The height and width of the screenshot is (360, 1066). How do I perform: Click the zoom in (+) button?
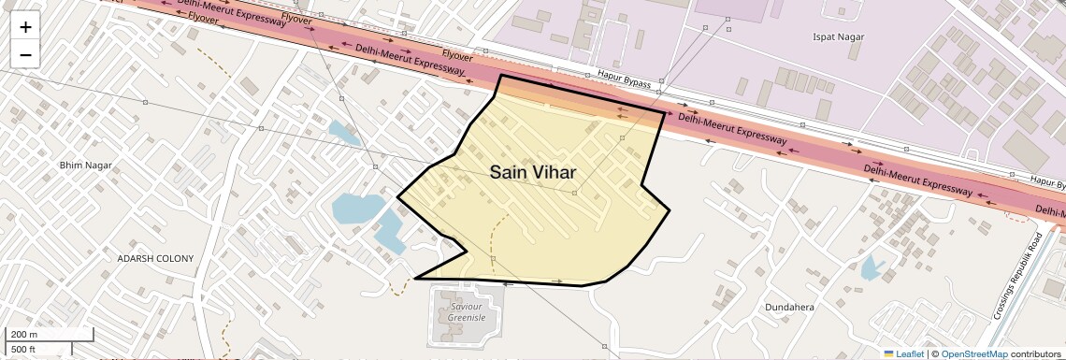pyautogui.click(x=25, y=27)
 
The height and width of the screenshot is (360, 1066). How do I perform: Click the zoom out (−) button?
pyautogui.click(x=25, y=54)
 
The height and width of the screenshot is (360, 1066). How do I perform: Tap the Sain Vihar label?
pyautogui.click(x=532, y=173)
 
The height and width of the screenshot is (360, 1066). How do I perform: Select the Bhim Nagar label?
pyautogui.click(x=85, y=166)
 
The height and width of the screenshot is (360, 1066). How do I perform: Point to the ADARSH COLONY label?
pyautogui.click(x=155, y=258)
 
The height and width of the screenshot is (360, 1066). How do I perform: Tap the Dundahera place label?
pyautogui.click(x=791, y=307)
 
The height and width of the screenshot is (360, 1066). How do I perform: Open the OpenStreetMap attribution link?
pyautogui.click(x=973, y=353)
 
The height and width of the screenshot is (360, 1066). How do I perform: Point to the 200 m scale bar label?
pyautogui.click(x=25, y=335)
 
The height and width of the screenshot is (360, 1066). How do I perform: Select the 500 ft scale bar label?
pyautogui.click(x=24, y=350)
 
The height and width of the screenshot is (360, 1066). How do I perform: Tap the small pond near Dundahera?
pyautogui.click(x=871, y=268)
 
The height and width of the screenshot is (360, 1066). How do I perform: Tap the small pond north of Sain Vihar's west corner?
pyautogui.click(x=342, y=133)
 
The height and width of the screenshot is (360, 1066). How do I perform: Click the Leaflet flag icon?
pyautogui.click(x=887, y=353)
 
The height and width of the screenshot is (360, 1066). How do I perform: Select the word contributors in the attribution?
pyautogui.click(x=1035, y=353)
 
